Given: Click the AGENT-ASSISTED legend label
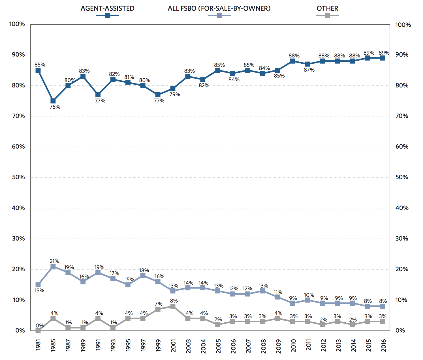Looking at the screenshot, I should (x=107, y=8).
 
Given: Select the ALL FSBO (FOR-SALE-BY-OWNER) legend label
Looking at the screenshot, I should (x=219, y=8).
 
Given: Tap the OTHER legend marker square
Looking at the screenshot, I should (x=327, y=15).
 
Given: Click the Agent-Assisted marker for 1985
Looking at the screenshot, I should (x=53, y=101).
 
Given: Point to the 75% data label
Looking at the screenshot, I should (x=55, y=107).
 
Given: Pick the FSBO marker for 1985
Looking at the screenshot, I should (x=53, y=266).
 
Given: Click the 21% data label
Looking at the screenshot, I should (x=54, y=261).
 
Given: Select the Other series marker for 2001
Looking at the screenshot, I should (x=173, y=306).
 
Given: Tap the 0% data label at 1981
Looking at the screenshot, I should (x=40, y=325).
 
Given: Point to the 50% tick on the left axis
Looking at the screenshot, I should (x=17, y=177).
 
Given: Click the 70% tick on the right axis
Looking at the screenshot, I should (x=402, y=116).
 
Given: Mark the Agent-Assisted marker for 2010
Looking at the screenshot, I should (x=293, y=61).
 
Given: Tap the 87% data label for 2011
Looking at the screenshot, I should (x=309, y=70).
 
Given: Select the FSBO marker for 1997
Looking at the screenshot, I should (x=143, y=276).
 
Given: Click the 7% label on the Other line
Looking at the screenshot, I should (x=159, y=304).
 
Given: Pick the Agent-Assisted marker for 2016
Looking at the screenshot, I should (x=383, y=58).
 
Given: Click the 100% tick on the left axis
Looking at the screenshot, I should (x=17, y=24).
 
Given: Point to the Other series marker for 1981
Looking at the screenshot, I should (x=38, y=331).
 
